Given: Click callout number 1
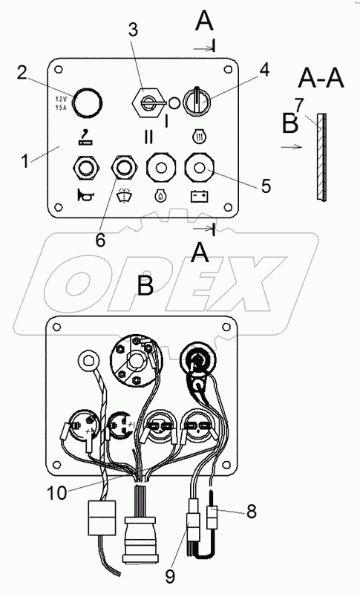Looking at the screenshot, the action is (x=25, y=160).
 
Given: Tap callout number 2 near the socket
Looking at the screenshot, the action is (x=23, y=72).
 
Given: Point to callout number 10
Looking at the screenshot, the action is (x=56, y=492).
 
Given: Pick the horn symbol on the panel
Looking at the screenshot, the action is (x=85, y=195).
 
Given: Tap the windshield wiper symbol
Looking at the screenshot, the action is (x=122, y=195).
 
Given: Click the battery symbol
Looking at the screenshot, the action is (x=199, y=196).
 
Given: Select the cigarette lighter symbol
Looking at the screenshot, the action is (x=85, y=137).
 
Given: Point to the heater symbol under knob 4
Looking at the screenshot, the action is (x=199, y=137).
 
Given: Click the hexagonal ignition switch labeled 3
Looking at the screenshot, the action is (x=148, y=102).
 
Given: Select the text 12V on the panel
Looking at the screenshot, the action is (x=61, y=99).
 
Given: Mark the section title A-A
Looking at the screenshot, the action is (x=321, y=79).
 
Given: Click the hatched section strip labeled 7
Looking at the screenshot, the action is (x=321, y=157).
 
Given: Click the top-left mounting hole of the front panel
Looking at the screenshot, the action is (x=59, y=70).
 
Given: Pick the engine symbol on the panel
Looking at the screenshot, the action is (x=160, y=196).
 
